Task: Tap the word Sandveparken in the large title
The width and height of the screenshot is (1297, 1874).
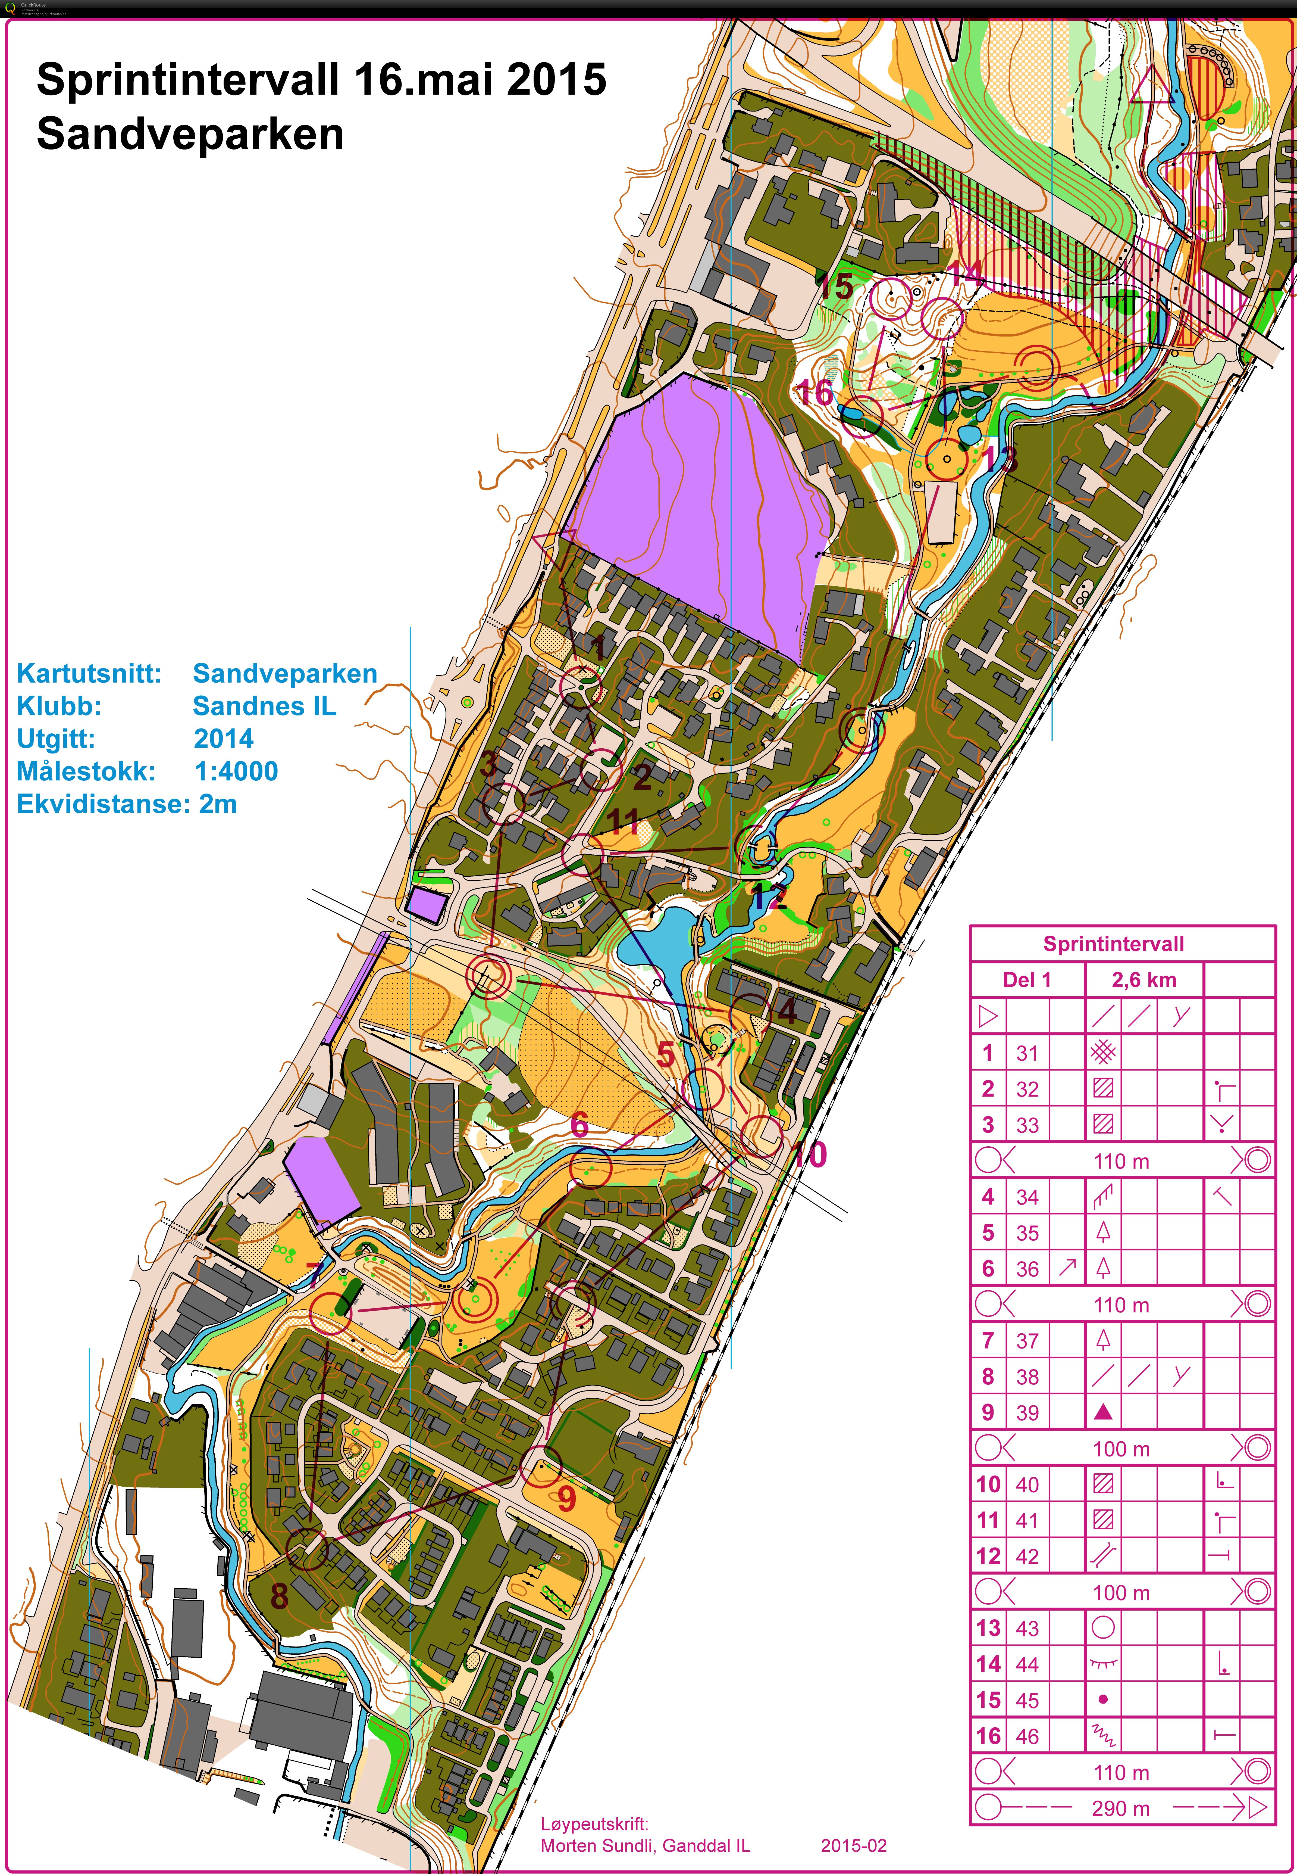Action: [x=190, y=134]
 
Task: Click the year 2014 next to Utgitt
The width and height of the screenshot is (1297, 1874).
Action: [x=224, y=738]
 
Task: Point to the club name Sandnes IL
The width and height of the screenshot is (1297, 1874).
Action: [x=264, y=706]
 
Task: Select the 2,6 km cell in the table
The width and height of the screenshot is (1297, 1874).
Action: [x=1144, y=980]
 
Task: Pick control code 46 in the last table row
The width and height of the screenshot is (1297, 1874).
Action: [x=1027, y=1736]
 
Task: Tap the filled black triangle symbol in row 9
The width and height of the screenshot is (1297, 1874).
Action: [x=1103, y=1412]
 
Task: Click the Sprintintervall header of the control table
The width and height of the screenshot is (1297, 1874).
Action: [x=1113, y=944]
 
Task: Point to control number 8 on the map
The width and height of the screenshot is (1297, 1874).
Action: [x=279, y=1595]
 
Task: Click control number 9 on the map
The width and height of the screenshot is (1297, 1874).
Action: [x=566, y=1498]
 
